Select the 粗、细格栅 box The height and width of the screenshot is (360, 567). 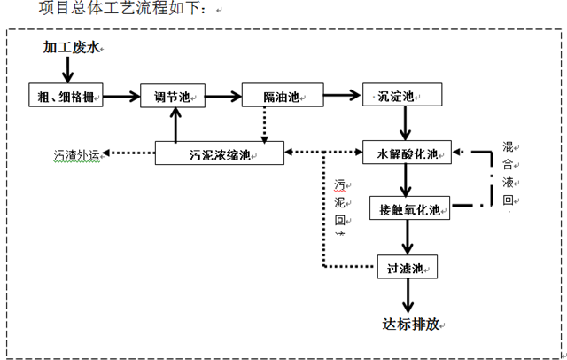coord(66,97)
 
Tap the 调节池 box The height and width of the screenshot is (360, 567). coord(175,97)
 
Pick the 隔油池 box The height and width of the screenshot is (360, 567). coord(281,97)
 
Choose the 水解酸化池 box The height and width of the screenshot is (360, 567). coord(408,153)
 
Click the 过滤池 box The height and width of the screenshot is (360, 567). coord(407,267)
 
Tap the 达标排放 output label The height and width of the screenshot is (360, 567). coord(408,324)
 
